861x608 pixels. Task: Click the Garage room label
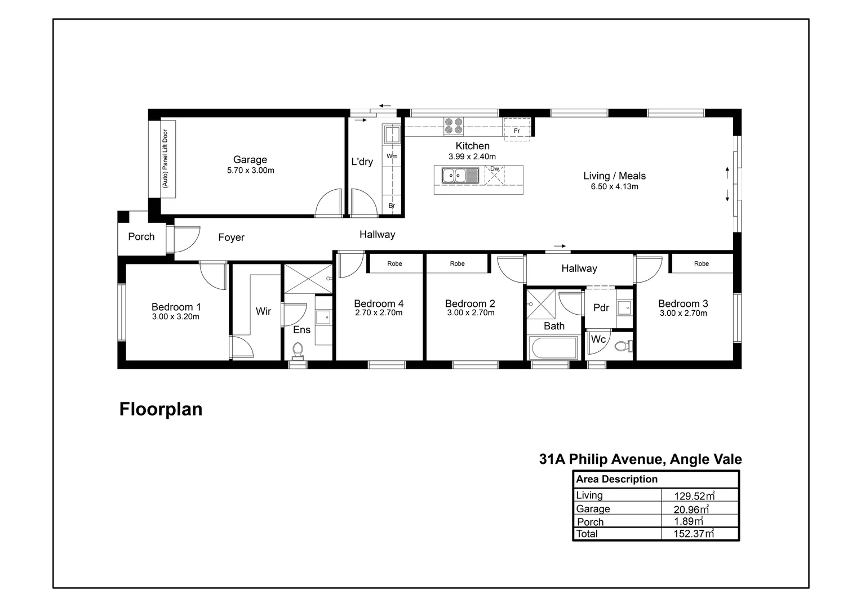click(x=250, y=160)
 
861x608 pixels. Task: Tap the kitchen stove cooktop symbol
click(x=453, y=126)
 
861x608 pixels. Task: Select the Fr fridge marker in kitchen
click(x=517, y=131)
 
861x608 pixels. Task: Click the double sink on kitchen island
click(x=460, y=176)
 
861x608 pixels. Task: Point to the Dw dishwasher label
click(x=494, y=169)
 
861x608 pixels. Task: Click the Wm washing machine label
click(x=392, y=156)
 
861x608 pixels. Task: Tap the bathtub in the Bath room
click(x=553, y=347)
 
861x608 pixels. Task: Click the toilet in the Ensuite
click(x=298, y=350)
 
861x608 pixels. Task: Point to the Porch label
click(x=141, y=237)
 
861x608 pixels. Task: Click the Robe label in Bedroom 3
click(x=701, y=263)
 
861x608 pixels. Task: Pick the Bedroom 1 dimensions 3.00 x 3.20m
click(x=176, y=317)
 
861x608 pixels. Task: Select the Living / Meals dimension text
click(x=614, y=187)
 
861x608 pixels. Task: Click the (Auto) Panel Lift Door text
click(x=165, y=159)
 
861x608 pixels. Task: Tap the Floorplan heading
click(x=161, y=409)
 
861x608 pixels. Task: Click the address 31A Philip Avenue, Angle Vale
click(x=640, y=459)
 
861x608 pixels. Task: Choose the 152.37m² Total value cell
click(x=694, y=534)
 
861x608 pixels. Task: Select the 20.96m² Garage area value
click(x=691, y=509)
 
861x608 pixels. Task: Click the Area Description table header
click(x=616, y=480)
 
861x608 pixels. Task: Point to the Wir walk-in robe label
click(x=263, y=311)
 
